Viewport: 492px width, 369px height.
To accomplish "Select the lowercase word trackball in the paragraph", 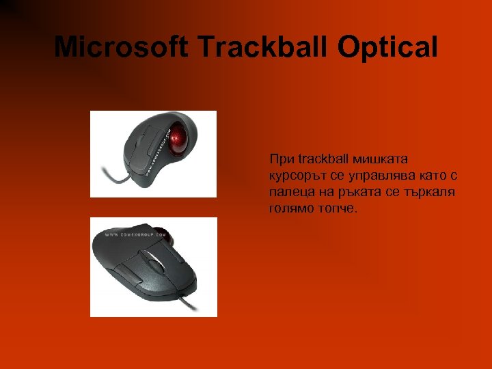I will click(x=324, y=159).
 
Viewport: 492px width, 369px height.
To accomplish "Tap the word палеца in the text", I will click(x=289, y=192).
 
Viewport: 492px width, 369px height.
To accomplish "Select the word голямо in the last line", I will click(x=291, y=208).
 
